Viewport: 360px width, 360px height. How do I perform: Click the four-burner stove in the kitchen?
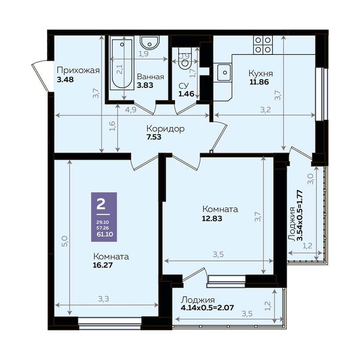263,45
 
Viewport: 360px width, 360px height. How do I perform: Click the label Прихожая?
78,70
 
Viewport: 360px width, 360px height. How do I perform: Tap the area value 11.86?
259,82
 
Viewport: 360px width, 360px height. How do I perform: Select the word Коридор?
166,129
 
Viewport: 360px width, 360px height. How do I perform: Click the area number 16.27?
103,265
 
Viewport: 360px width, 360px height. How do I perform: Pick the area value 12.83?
212,218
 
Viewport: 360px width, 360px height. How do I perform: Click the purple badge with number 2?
104,217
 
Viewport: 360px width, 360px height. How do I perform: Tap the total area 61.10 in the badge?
104,234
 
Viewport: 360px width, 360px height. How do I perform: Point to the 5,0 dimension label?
65,241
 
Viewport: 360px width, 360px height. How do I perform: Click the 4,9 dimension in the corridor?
131,110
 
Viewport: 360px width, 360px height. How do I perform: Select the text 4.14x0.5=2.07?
207,307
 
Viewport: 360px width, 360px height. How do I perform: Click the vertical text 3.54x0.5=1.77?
300,215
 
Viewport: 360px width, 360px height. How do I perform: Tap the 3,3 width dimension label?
104,299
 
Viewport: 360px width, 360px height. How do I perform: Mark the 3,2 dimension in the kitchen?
266,110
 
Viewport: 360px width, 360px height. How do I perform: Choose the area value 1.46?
187,94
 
